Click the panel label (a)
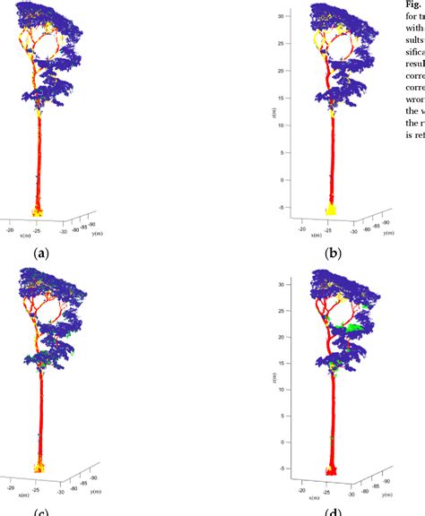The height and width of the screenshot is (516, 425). (41, 254)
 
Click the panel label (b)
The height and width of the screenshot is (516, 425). (334, 254)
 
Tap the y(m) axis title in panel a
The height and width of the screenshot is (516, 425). (92, 232)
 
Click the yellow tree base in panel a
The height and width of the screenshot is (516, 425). (39, 211)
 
